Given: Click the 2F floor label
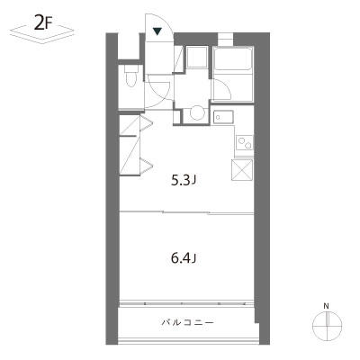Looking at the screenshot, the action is [41, 25].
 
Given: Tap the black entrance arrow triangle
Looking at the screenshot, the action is [157, 31].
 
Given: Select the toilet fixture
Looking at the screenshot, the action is [130, 76].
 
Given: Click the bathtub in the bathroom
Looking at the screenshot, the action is [233, 58].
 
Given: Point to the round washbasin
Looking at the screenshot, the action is [197, 113].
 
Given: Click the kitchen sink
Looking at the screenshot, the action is [223, 117].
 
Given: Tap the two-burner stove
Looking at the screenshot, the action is [245, 142].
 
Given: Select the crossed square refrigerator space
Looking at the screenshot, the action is [242, 170].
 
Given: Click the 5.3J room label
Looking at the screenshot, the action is [184, 180].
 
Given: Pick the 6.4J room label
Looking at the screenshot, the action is [184, 258].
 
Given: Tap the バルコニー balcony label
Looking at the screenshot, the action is [188, 323].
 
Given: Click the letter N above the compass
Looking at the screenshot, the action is [326, 306].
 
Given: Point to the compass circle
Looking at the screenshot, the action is [328, 312].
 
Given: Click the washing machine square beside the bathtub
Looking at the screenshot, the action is [197, 58].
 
